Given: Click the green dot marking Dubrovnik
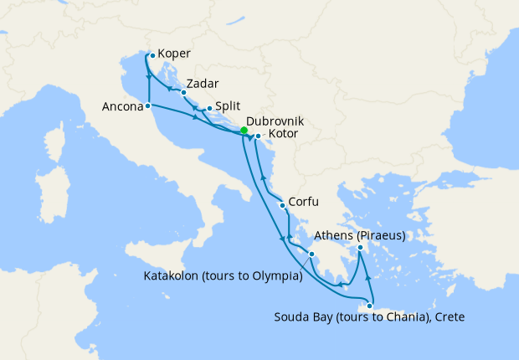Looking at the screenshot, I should click(x=244, y=131).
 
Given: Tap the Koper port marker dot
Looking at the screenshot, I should click(x=152, y=56).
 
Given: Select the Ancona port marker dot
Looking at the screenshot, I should click(x=147, y=106).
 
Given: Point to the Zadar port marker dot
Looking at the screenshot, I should click(x=182, y=84).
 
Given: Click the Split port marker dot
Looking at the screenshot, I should click(x=209, y=108).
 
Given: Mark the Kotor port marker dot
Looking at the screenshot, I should click(x=258, y=136).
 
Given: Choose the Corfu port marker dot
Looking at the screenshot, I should click(x=282, y=205).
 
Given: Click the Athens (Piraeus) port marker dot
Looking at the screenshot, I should click(x=360, y=247).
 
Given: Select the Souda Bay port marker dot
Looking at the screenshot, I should click(x=369, y=306).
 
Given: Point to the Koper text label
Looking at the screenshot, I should click(x=172, y=56).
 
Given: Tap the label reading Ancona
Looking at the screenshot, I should click(x=122, y=107).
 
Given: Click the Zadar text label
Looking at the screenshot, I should click(x=203, y=85).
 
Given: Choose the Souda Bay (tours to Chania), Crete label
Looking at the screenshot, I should click(x=369, y=317).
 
